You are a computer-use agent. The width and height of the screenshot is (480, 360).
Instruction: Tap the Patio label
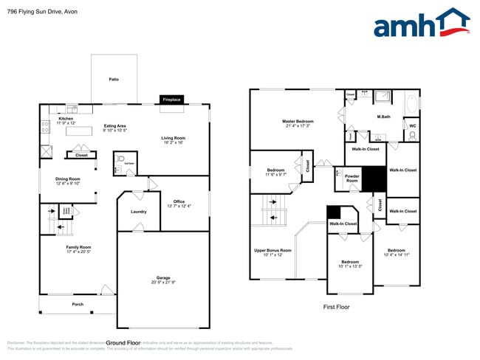114,79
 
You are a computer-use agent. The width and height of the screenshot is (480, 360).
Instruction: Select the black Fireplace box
171,99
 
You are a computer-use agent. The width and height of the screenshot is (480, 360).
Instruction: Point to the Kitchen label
66,120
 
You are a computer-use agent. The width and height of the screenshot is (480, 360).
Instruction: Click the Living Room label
174,140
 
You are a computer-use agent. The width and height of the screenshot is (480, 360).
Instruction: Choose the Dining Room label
68,181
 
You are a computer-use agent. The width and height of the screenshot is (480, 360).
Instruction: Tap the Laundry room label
138,212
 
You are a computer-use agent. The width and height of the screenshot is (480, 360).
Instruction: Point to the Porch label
78,305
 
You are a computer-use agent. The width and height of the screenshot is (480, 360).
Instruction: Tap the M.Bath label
383,117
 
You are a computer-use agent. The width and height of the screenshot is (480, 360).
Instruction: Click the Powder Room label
352,179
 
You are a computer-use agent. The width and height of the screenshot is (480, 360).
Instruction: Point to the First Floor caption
336,307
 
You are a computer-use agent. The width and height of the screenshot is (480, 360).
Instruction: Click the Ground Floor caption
123,343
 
